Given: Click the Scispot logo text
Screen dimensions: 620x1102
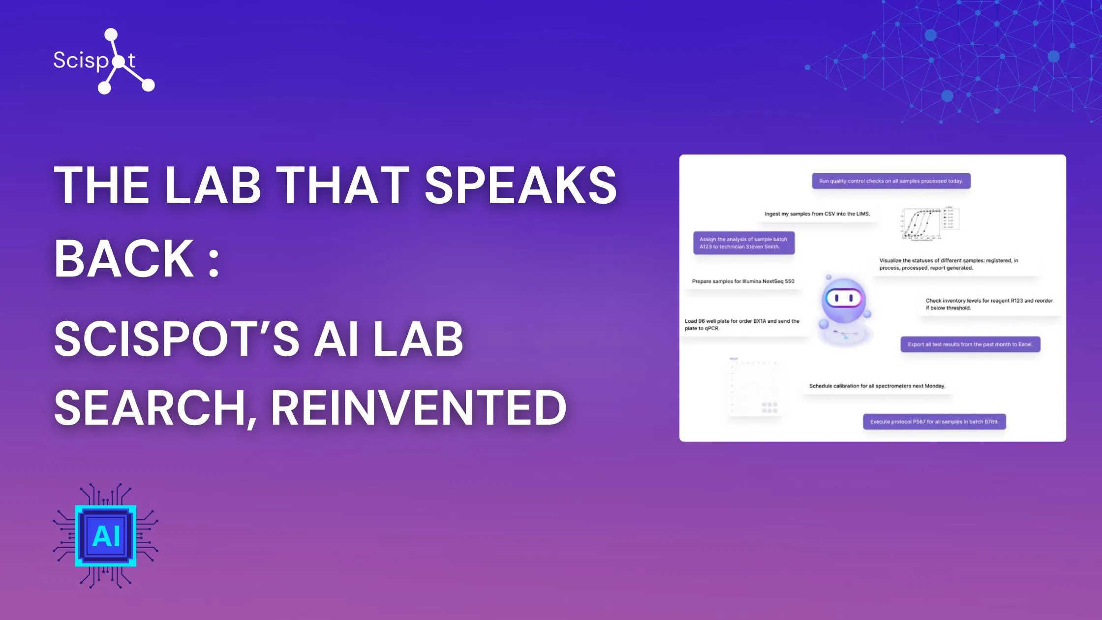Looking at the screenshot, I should click(94, 61).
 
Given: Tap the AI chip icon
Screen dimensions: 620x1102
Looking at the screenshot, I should click(106, 536).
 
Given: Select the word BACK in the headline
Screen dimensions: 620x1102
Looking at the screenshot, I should click(124, 259).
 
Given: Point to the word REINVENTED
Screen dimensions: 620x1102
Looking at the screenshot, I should click(418, 408).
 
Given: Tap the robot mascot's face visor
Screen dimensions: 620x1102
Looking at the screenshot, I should click(844, 298).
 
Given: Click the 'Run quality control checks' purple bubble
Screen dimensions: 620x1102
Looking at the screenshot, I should click(891, 181).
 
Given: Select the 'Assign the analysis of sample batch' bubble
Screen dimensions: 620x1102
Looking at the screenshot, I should click(744, 243).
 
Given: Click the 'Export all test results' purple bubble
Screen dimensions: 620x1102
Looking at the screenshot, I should click(970, 344).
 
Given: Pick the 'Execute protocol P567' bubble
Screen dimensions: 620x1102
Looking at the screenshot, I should click(934, 422).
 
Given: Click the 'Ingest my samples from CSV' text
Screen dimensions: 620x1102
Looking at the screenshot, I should click(817, 214).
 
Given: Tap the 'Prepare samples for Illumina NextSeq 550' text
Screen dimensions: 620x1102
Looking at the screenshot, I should click(743, 281).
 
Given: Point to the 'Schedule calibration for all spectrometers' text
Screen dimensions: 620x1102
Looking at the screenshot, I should click(877, 386).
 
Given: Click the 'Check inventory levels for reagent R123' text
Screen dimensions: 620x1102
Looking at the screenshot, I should click(989, 304).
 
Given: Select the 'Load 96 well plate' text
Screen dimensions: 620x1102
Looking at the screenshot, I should click(742, 325).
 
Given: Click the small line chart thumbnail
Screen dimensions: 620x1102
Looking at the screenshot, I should click(929, 224).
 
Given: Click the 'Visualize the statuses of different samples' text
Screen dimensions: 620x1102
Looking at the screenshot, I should click(949, 264).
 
